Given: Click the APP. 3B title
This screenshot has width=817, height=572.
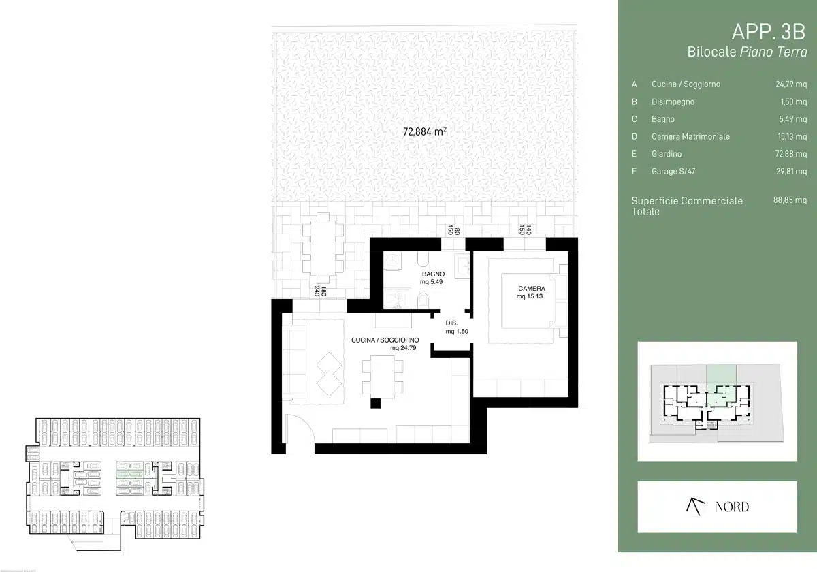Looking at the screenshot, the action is (x=768, y=32).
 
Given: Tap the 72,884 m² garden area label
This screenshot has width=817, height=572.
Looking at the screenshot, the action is (x=425, y=131).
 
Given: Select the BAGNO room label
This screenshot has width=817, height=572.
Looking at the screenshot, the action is (x=433, y=274).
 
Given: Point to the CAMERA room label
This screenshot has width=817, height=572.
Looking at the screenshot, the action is (x=532, y=289).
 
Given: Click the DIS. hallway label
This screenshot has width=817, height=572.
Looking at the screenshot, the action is (x=451, y=323).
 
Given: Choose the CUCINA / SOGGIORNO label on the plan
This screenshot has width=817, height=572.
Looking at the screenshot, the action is (x=385, y=340).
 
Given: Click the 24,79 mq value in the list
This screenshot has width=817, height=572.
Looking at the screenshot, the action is (x=790, y=84).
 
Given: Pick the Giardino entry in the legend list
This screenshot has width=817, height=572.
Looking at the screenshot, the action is (x=667, y=154).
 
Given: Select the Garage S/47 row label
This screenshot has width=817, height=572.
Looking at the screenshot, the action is (x=673, y=171).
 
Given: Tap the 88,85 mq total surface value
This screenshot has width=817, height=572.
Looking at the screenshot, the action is (x=790, y=200).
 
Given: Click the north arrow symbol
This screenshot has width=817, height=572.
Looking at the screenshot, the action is (x=695, y=507).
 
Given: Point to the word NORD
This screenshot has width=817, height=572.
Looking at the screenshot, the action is (x=732, y=507).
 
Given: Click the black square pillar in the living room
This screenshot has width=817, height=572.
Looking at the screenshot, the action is (x=375, y=403).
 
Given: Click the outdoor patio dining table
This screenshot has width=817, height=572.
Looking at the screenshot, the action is (x=323, y=248).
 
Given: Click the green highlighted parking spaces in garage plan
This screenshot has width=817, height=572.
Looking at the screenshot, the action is (x=129, y=474).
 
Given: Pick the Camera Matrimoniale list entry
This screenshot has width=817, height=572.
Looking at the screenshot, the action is (x=690, y=136).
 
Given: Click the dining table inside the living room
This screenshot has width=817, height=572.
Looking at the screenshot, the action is (x=383, y=377).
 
